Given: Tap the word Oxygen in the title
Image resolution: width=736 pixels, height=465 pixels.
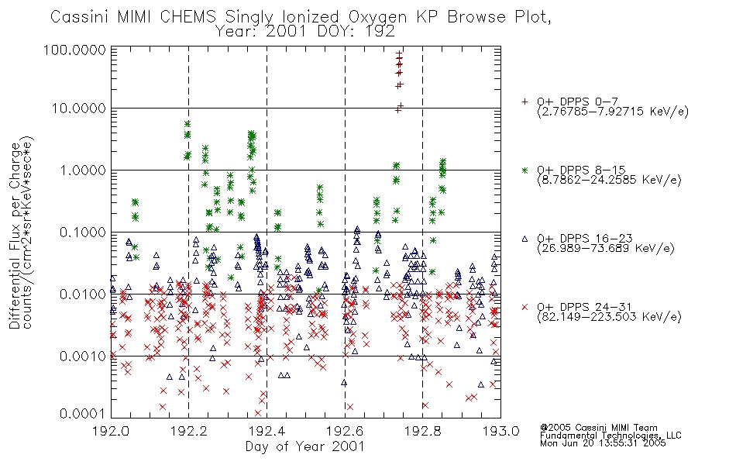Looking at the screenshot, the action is pos(378,18).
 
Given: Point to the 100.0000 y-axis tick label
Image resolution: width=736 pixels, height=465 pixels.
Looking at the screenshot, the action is pos(74,50).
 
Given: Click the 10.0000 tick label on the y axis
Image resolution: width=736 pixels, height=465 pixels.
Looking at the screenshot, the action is pos(78,108).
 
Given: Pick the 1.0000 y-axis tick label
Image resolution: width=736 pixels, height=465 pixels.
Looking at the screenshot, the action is pos(83,170).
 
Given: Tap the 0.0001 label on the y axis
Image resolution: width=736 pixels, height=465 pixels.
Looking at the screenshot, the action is pos(83,413).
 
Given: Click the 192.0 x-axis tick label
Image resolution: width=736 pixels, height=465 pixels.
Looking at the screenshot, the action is pos(112,430).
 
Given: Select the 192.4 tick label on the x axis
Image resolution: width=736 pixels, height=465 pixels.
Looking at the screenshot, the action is pos(267,430).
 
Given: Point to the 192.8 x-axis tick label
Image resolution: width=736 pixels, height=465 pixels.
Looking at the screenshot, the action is pos(422,430).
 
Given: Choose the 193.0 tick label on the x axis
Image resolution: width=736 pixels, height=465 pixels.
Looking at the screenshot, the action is pos(500,430).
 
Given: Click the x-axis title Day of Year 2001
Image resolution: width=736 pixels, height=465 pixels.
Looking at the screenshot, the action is pos(305,446).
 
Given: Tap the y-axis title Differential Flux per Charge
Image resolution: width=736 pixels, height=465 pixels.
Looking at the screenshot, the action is pos(15,236).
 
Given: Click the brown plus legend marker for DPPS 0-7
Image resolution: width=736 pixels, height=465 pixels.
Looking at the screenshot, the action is pos(524,101).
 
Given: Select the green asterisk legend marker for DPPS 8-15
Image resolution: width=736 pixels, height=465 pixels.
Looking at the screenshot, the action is pos(524,170).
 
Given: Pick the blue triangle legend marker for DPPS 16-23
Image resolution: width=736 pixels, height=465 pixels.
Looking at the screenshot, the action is pos(524,239).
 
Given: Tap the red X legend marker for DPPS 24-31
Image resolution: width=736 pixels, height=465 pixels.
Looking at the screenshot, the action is pos(524,307).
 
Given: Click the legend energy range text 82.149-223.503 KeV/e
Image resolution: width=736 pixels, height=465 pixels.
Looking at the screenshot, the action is pos(609,317).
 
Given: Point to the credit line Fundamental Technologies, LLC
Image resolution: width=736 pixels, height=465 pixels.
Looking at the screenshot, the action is pos(610,436).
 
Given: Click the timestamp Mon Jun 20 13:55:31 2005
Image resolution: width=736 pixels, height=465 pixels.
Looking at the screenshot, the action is pos(603,443).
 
